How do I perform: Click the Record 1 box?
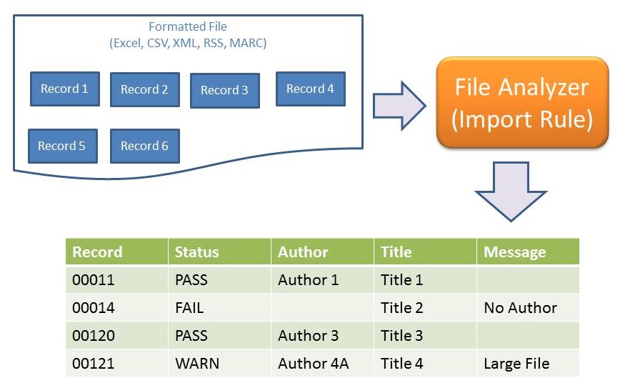[x=64, y=89]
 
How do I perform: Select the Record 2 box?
[x=144, y=90]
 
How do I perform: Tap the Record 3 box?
[x=224, y=91]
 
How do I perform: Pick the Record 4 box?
[x=310, y=89]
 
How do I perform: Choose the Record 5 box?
[x=62, y=146]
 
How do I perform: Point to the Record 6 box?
[x=144, y=146]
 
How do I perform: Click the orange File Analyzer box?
[x=522, y=102]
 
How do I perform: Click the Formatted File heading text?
[x=188, y=27]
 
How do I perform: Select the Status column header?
[x=196, y=252]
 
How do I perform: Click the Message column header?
[x=514, y=252]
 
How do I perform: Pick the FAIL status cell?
[x=189, y=308]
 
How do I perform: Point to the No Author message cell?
[x=520, y=308]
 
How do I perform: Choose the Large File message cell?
[x=516, y=364]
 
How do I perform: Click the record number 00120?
[x=94, y=336]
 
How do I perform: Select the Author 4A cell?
[x=314, y=364]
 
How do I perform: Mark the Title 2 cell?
[x=402, y=308]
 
